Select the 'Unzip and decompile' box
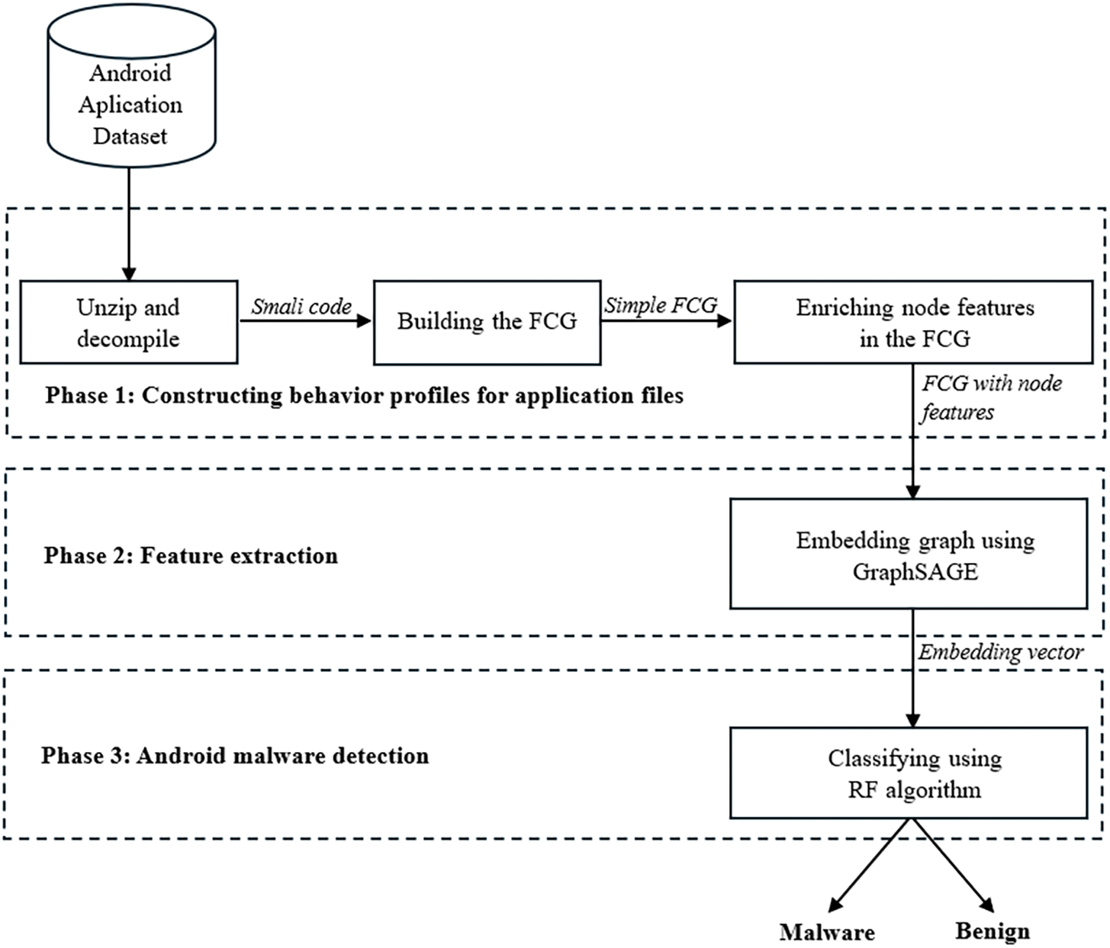click(128, 322)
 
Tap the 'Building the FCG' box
click(487, 322)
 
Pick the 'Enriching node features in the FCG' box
click(913, 322)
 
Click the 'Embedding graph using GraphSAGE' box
click(909, 554)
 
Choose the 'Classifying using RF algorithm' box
click(909, 773)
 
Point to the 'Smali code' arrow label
click(301, 307)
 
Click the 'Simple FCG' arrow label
click(661, 305)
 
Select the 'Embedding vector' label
click(1000, 652)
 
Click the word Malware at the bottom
click(827, 932)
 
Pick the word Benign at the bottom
click(992, 931)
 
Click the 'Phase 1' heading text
click(364, 395)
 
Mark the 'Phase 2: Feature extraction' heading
click(191, 555)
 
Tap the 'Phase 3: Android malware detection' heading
click(235, 756)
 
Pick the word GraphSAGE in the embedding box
click(915, 571)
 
